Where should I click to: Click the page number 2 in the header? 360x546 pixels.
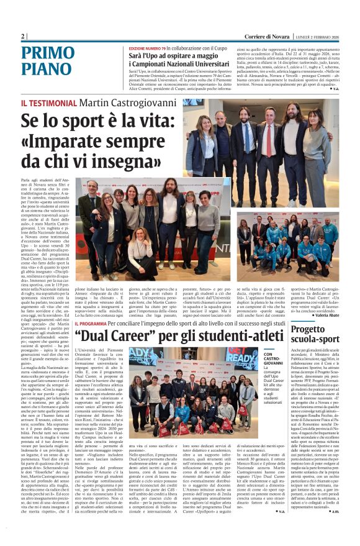tap(23, 36)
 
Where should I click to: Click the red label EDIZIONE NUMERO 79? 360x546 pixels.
tap(148, 48)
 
